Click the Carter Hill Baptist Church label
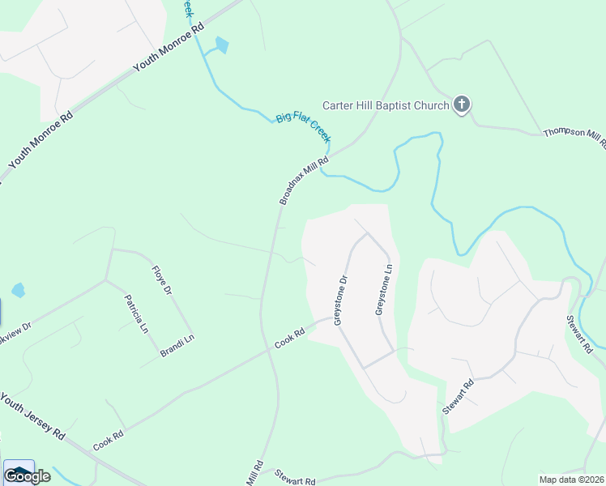[x=386, y=105]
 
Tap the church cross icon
[x=462, y=104]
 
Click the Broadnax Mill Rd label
[x=304, y=180]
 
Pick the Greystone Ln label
[x=383, y=289]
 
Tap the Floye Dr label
[x=162, y=279]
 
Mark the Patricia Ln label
[x=136, y=314]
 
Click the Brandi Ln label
[x=177, y=346]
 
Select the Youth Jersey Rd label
[x=32, y=416]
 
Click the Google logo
[x=27, y=476]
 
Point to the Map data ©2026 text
[x=572, y=480]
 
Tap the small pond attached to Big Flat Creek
[x=221, y=46]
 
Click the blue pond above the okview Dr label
[x=19, y=290]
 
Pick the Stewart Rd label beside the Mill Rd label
[x=294, y=478]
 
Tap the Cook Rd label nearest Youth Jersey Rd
[x=108, y=441]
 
